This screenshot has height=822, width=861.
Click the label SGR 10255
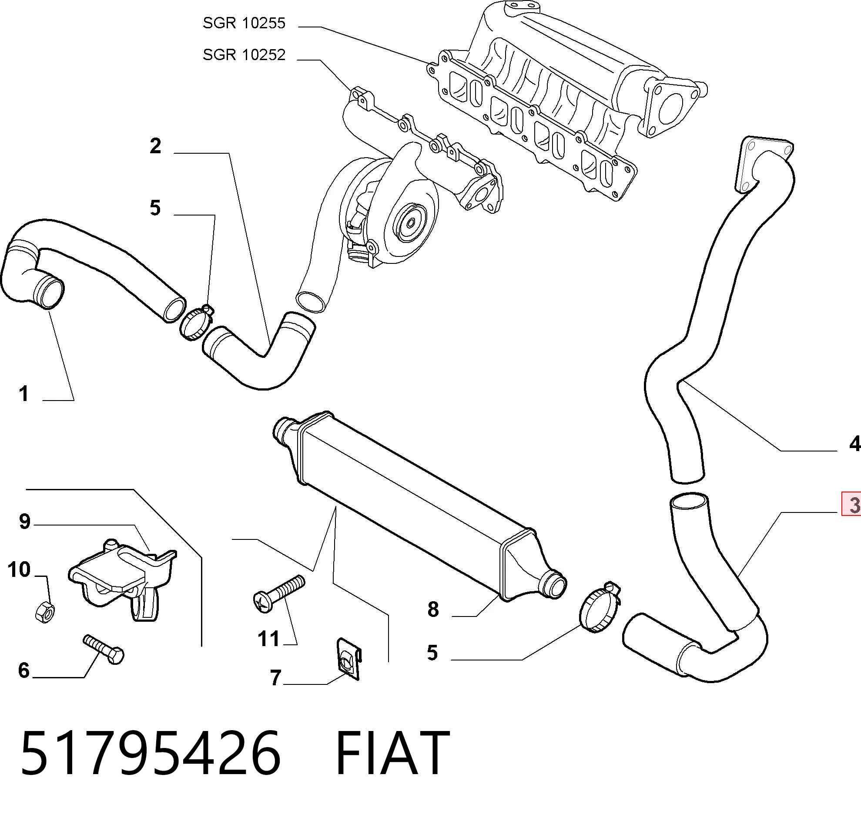click(x=244, y=23)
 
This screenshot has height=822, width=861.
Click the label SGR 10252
click(x=244, y=55)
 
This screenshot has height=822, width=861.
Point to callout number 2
click(x=155, y=146)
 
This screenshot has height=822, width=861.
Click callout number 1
click(x=23, y=394)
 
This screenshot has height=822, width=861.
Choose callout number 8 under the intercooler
click(x=433, y=610)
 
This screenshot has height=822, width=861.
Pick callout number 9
click(x=24, y=522)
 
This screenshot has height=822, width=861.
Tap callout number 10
click(x=19, y=569)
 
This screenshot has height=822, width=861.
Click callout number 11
click(x=268, y=639)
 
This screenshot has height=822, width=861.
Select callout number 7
click(x=275, y=678)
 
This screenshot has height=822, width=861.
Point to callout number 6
click(x=23, y=670)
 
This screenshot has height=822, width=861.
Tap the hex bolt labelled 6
click(x=104, y=650)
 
